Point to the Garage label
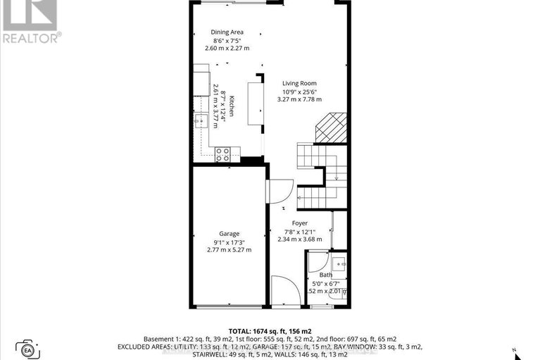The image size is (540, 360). pyautogui.click(x=229, y=233)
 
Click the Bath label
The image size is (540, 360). pyautogui.click(x=325, y=275)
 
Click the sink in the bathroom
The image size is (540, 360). pyautogui.click(x=341, y=264)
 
